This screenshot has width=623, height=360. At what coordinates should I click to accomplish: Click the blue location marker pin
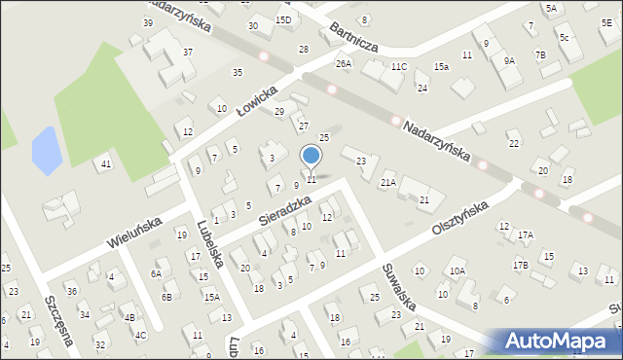311,157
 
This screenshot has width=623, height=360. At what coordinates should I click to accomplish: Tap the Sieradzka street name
284,207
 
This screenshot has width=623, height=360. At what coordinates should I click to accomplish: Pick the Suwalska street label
399,286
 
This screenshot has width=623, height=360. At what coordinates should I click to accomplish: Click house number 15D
283,19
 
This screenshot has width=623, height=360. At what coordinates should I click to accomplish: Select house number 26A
343,63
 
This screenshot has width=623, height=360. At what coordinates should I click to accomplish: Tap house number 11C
399,66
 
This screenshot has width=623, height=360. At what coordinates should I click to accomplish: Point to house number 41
105,164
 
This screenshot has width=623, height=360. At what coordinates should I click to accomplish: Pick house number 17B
521,265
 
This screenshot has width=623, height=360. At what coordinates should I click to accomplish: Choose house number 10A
457,271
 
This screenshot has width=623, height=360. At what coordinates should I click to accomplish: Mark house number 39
148,22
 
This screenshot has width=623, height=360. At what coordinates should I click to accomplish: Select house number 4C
141,336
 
